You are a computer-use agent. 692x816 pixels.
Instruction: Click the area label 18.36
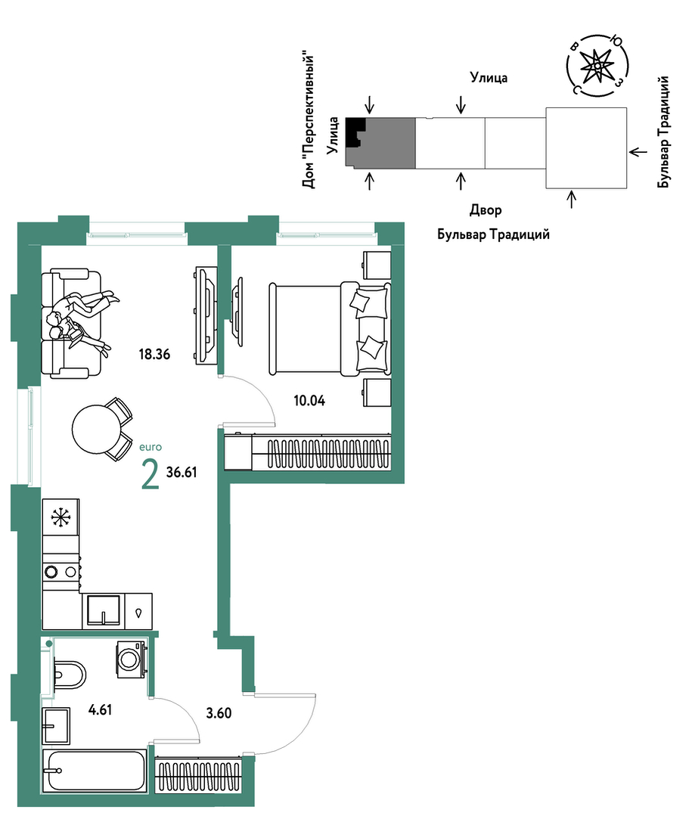coord(154,355)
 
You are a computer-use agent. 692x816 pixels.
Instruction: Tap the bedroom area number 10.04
coord(309,401)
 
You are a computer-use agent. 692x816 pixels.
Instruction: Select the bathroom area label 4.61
coord(100,710)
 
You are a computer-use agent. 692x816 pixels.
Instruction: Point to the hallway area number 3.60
coord(219,713)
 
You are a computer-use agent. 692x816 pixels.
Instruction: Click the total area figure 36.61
coord(182,472)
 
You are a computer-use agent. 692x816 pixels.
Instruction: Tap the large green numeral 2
coord(150,474)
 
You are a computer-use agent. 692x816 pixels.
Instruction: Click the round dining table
coord(97,430)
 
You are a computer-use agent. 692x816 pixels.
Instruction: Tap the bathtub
coord(95,771)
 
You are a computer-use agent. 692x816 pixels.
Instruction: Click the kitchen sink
coord(104,611)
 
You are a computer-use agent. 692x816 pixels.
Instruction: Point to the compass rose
coord(597,66)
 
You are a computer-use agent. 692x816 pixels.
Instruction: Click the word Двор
coord(486,210)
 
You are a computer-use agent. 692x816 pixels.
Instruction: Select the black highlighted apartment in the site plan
coord(355,130)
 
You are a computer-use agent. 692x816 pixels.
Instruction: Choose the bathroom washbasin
coord(56,725)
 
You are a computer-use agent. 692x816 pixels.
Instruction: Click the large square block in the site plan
coord(586,147)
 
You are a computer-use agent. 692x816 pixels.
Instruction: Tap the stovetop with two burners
coord(61,572)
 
